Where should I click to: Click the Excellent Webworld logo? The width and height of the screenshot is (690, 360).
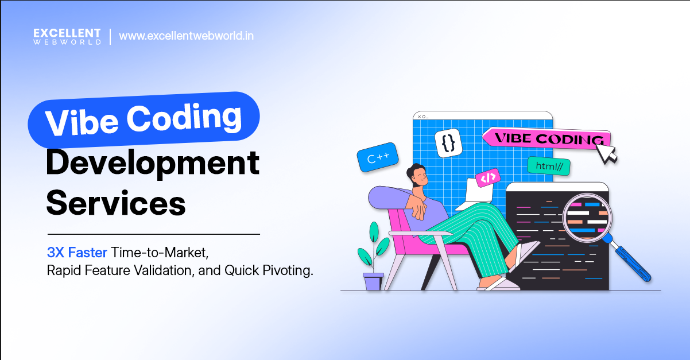pyautogui.click(x=67, y=36)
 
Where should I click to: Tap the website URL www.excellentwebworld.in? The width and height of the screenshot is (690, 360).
pyautogui.click(x=186, y=36)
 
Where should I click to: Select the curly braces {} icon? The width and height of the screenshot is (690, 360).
pyautogui.click(x=448, y=143)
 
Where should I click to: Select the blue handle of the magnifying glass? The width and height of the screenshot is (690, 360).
pyautogui.click(x=631, y=261)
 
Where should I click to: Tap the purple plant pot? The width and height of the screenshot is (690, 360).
pyautogui.click(x=373, y=281)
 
